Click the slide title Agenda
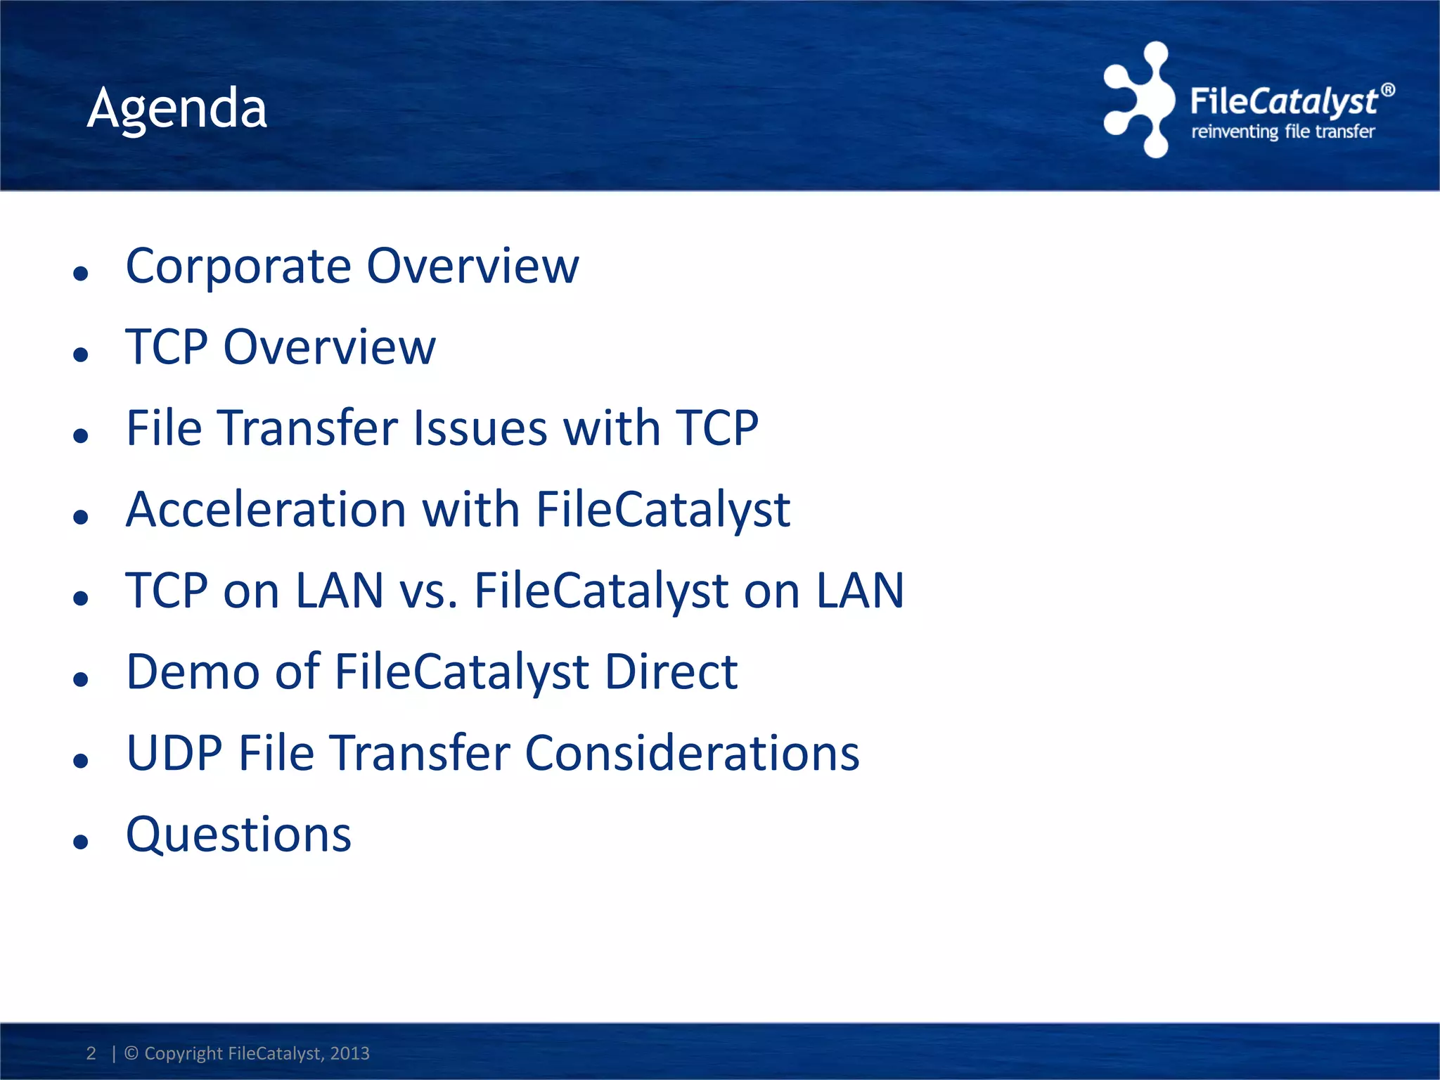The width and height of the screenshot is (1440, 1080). (177, 108)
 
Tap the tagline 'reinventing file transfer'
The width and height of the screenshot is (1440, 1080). (1282, 131)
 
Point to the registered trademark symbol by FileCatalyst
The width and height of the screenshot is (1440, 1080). (1387, 90)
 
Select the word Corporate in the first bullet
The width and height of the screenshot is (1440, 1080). (238, 266)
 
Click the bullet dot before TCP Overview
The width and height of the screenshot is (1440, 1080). (81, 354)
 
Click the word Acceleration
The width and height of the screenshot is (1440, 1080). (266, 509)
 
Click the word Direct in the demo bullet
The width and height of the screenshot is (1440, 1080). (671, 671)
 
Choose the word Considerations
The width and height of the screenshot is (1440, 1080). (692, 753)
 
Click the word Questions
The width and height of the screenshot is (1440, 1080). (238, 835)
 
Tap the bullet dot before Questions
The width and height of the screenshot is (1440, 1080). (81, 841)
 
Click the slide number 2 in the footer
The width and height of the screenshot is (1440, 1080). (91, 1053)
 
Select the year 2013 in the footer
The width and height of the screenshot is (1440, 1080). (349, 1053)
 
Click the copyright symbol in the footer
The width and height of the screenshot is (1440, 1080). (131, 1053)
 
